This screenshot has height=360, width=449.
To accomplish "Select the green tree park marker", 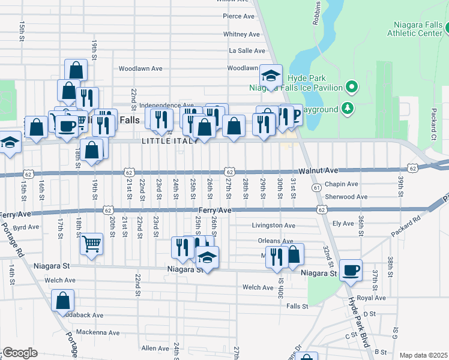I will pyautogui.click(x=347, y=108).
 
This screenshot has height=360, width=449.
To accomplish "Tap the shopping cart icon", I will pyautogui.click(x=91, y=244).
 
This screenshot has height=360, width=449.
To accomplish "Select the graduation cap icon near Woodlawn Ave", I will pyautogui.click(x=271, y=76).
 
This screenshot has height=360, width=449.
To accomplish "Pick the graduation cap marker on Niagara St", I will pyautogui.click(x=207, y=257).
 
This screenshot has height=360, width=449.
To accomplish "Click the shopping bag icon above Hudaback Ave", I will pyautogui.click(x=62, y=300).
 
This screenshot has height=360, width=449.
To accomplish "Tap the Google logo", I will pyautogui.click(x=20, y=353).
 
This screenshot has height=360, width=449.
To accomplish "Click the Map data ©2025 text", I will pyautogui.click(x=423, y=355).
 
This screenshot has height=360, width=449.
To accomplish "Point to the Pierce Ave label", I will pyautogui.click(x=240, y=17).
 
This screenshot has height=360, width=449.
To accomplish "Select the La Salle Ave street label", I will pyautogui.click(x=247, y=51).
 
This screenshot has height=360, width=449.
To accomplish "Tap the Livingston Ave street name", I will pyautogui.click(x=273, y=226).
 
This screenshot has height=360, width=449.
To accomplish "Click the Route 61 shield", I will pyautogui.click(x=316, y=188).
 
